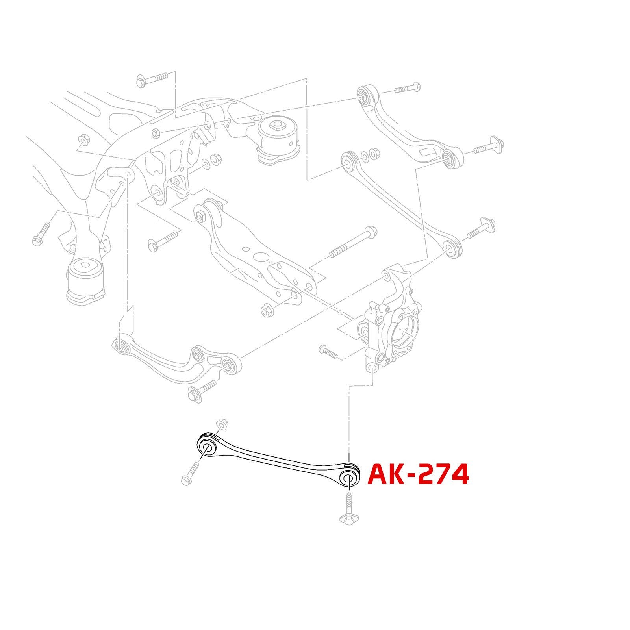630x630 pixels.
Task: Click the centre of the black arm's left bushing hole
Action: point(206,448)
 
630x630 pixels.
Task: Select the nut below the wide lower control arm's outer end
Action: point(267,311)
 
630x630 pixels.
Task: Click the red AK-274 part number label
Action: point(418,474)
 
